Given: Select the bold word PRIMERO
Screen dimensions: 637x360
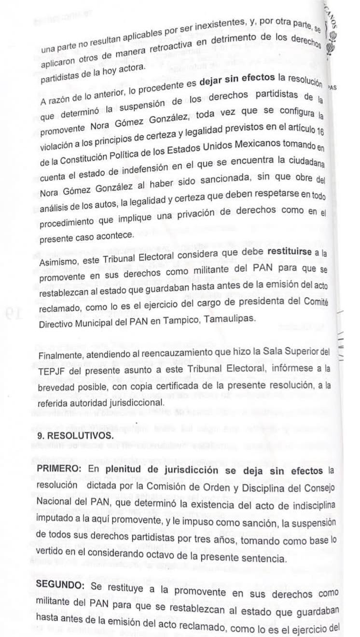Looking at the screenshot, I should tap(58, 469).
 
